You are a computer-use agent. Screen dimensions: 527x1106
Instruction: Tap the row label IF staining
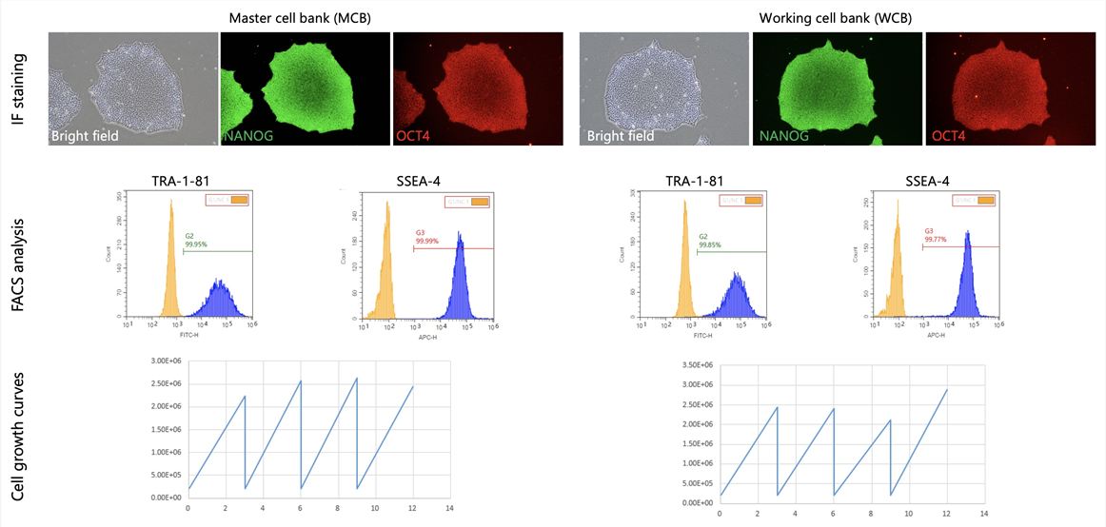20,88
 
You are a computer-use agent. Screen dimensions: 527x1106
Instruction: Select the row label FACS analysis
20,261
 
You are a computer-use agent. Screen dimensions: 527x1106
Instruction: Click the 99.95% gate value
195,244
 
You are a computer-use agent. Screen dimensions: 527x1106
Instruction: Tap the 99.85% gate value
710,244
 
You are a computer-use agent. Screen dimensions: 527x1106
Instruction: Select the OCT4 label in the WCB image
948,136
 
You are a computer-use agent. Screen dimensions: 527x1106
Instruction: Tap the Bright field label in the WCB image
620,136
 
